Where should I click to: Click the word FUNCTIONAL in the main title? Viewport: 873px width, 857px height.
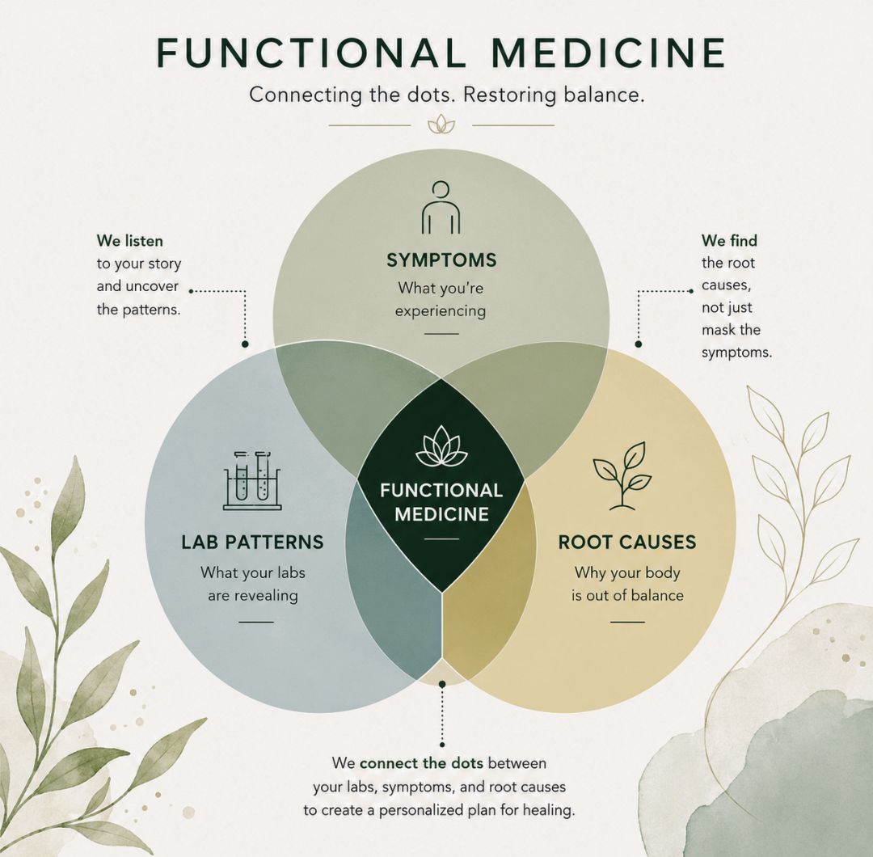(310, 53)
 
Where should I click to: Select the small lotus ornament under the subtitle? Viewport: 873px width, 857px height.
(441, 125)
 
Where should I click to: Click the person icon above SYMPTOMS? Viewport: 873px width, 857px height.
(441, 207)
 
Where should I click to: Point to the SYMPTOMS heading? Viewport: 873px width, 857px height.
(441, 260)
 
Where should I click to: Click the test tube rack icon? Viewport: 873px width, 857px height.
(252, 480)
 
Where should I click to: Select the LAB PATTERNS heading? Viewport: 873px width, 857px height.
(252, 542)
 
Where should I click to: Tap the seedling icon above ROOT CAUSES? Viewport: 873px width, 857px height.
(622, 476)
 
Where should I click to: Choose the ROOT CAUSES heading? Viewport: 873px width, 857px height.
(627, 542)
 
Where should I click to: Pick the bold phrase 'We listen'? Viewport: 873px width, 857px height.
(129, 241)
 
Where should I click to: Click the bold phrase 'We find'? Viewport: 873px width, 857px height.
(729, 241)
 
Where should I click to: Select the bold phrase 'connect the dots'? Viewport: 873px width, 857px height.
(421, 762)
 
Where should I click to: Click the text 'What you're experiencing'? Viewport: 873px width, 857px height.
(441, 300)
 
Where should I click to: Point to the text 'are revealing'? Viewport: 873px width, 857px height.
(253, 596)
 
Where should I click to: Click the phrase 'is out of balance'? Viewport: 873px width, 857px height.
(627, 595)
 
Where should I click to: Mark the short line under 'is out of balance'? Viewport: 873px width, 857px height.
(627, 622)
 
